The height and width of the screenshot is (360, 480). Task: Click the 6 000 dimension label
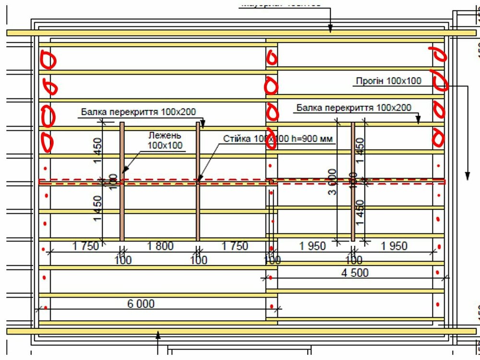click(x=141, y=304)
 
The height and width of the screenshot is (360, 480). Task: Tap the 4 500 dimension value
click(x=355, y=273)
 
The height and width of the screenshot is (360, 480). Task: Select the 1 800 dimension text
click(x=160, y=246)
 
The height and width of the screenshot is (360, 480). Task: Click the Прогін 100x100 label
click(x=388, y=81)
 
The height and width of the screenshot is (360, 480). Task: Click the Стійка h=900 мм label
click(x=278, y=139)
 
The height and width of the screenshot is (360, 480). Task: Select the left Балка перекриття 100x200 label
click(x=138, y=112)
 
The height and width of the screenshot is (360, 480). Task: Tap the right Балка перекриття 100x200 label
click(x=354, y=107)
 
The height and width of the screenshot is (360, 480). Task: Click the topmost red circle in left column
click(x=48, y=60)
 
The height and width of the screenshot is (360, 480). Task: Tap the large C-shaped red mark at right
click(x=440, y=82)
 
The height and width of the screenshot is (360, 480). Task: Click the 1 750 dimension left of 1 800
click(x=86, y=246)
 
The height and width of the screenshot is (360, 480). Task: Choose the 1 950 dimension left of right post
click(x=312, y=246)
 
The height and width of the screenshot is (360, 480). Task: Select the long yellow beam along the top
click(x=240, y=33)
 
